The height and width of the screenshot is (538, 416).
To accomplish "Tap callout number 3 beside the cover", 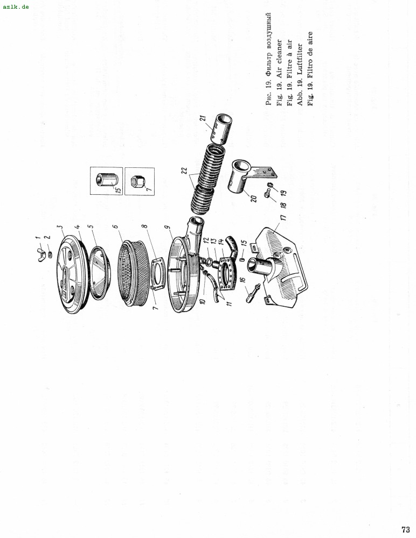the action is click(x=59, y=227).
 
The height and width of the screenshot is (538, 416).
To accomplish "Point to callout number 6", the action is click(x=115, y=226).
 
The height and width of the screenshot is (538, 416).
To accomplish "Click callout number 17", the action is click(x=283, y=217).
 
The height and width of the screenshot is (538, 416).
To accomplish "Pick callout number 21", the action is click(x=203, y=118).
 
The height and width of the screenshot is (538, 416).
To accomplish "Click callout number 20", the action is click(x=253, y=199).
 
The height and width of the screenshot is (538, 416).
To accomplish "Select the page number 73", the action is click(x=405, y=529).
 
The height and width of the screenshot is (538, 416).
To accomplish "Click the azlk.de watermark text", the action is click(x=16, y=6).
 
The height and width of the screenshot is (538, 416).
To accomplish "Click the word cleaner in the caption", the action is click(x=279, y=52).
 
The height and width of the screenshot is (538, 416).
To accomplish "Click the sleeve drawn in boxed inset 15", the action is click(x=106, y=180).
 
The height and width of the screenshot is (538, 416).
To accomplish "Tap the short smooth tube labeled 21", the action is click(x=221, y=129).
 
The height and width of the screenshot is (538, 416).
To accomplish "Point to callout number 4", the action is click(x=77, y=227).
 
